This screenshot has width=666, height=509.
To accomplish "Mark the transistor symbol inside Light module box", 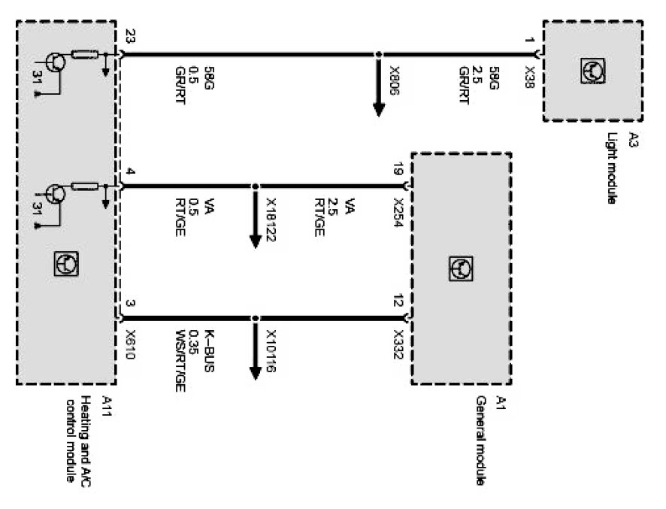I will point(592,71).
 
